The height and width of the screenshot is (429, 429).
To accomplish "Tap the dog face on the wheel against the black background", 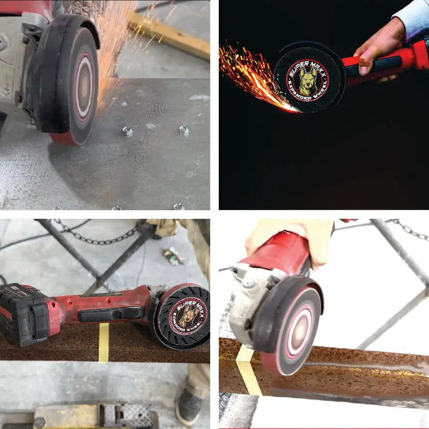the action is point(308,79).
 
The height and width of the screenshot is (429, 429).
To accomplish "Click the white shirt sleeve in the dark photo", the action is point(411,20).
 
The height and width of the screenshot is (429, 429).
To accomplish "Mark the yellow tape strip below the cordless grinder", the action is point(104,343).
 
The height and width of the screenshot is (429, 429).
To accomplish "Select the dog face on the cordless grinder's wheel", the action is point(188,317).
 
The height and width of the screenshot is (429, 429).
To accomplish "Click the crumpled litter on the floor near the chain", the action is point(172,256).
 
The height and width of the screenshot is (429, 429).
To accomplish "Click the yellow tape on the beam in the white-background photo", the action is point(248,370).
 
